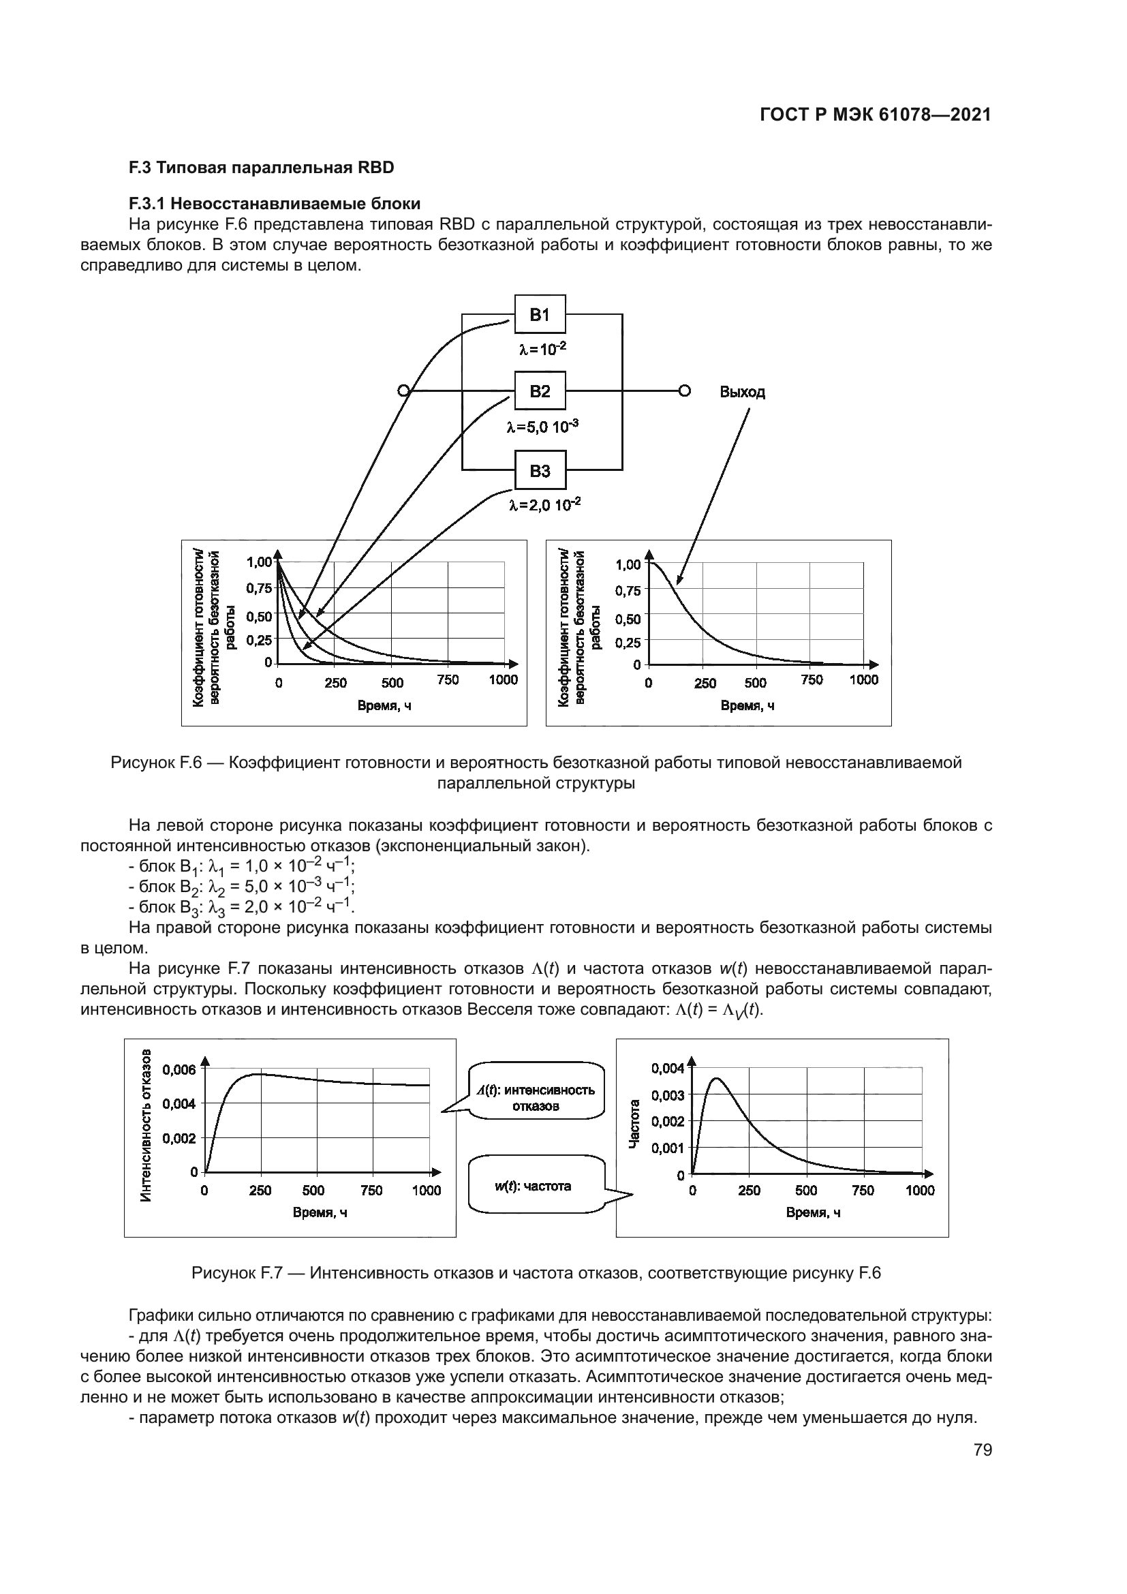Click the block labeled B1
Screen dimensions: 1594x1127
point(539,314)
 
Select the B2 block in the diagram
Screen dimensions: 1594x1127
point(539,391)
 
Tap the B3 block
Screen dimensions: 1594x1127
point(539,471)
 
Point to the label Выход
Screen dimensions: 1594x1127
point(742,393)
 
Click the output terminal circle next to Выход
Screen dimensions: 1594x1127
point(684,391)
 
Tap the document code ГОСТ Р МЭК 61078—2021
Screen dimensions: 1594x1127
point(875,115)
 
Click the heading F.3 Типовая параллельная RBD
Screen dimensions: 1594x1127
point(261,168)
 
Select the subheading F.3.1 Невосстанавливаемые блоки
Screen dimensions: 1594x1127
point(274,203)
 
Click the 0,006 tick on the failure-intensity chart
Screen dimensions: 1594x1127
point(179,1070)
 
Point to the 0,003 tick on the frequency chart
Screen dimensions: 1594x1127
point(668,1095)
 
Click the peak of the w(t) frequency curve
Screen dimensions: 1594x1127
point(715,1078)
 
